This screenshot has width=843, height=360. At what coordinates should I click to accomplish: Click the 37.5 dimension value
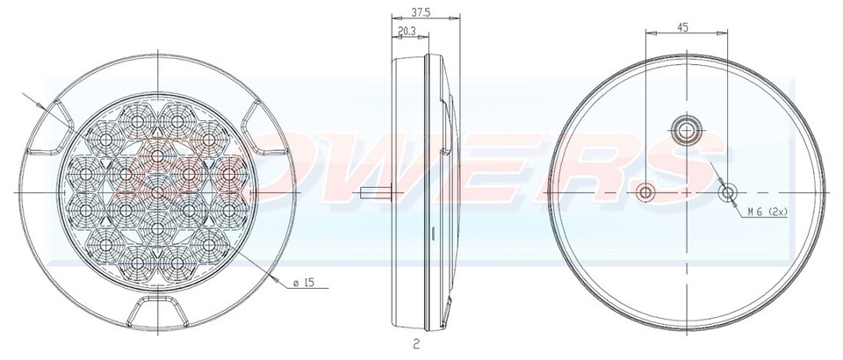[x=420, y=13]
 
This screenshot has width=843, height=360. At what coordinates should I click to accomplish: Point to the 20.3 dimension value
[x=407, y=32]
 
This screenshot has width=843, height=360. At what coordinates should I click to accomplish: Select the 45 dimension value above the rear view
[x=682, y=26]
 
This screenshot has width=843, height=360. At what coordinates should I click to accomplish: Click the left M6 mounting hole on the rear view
[x=646, y=191]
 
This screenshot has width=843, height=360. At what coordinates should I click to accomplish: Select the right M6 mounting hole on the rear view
[x=728, y=191]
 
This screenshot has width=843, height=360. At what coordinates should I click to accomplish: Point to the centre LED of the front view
[x=157, y=191]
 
